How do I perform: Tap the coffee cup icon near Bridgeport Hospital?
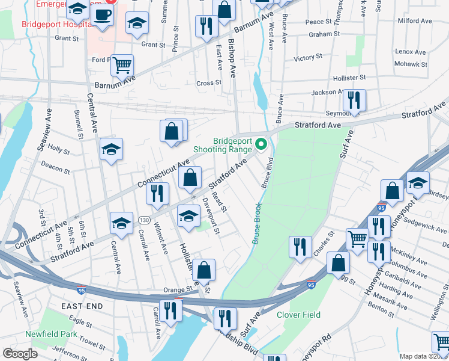[x=102, y=17]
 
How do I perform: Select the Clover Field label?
[x=298, y=315]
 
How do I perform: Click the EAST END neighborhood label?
[x=82, y=306]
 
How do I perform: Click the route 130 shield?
[x=144, y=220]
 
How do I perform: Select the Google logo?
[x=20, y=354]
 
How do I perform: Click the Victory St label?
[x=309, y=58]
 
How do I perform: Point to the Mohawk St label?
[x=411, y=64]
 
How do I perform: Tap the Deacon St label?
[x=55, y=167]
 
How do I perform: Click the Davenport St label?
[x=212, y=215]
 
